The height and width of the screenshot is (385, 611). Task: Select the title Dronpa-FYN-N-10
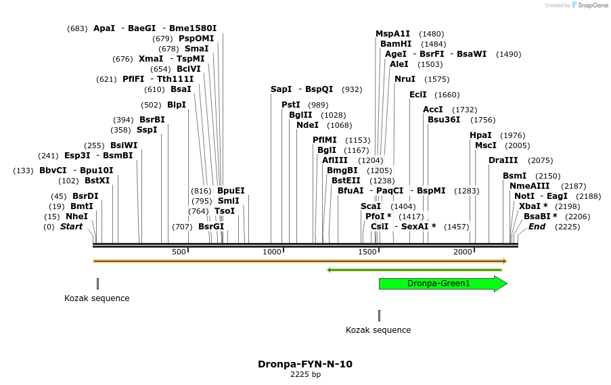pyautogui.click(x=304, y=364)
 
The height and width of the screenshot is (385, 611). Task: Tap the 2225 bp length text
pyautogui.click(x=305, y=374)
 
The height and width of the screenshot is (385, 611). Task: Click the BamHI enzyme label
pyautogui.click(x=396, y=44)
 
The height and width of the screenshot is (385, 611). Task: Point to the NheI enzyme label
pyautogui.click(x=76, y=217)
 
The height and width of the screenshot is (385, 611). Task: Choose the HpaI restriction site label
pyautogui.click(x=480, y=135)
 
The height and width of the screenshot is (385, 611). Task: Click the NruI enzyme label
pyautogui.click(x=405, y=79)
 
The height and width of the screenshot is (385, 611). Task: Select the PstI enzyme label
pyautogui.click(x=291, y=105)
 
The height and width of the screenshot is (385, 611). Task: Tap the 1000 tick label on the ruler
pyautogui.click(x=272, y=252)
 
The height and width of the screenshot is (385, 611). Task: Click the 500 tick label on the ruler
pyautogui.click(x=179, y=252)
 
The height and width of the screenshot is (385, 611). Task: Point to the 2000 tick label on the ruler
pyautogui.click(x=462, y=252)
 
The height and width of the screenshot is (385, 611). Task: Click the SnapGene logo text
pyautogui.click(x=592, y=5)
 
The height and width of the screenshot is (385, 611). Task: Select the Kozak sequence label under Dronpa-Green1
pyautogui.click(x=378, y=330)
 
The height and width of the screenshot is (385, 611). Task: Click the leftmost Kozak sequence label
pyautogui.click(x=97, y=298)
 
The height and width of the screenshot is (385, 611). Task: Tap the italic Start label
pyautogui.click(x=71, y=227)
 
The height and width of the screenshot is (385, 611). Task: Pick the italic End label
pyautogui.click(x=537, y=227)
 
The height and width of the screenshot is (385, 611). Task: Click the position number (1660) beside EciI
pyautogui.click(x=447, y=95)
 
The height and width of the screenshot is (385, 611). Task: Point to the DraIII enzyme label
pyautogui.click(x=503, y=160)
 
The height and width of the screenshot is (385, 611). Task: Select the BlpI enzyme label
pyautogui.click(x=177, y=105)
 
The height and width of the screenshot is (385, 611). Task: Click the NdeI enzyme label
pyautogui.click(x=307, y=125)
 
